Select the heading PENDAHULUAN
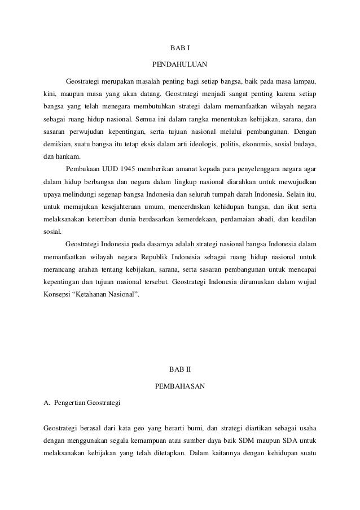click(x=180, y=63)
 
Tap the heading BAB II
click(x=180, y=370)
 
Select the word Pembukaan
click(x=83, y=169)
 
